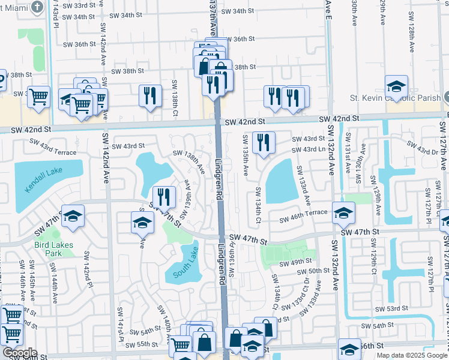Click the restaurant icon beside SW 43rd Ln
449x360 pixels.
click(264, 143)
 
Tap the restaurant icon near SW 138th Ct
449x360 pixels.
click(150, 96)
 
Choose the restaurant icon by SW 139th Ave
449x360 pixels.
click(163, 197)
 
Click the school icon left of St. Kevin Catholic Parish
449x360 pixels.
click(396, 86)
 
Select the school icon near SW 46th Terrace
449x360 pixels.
click(343, 213)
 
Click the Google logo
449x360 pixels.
click(19, 353)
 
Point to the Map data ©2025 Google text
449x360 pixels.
click(412, 355)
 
